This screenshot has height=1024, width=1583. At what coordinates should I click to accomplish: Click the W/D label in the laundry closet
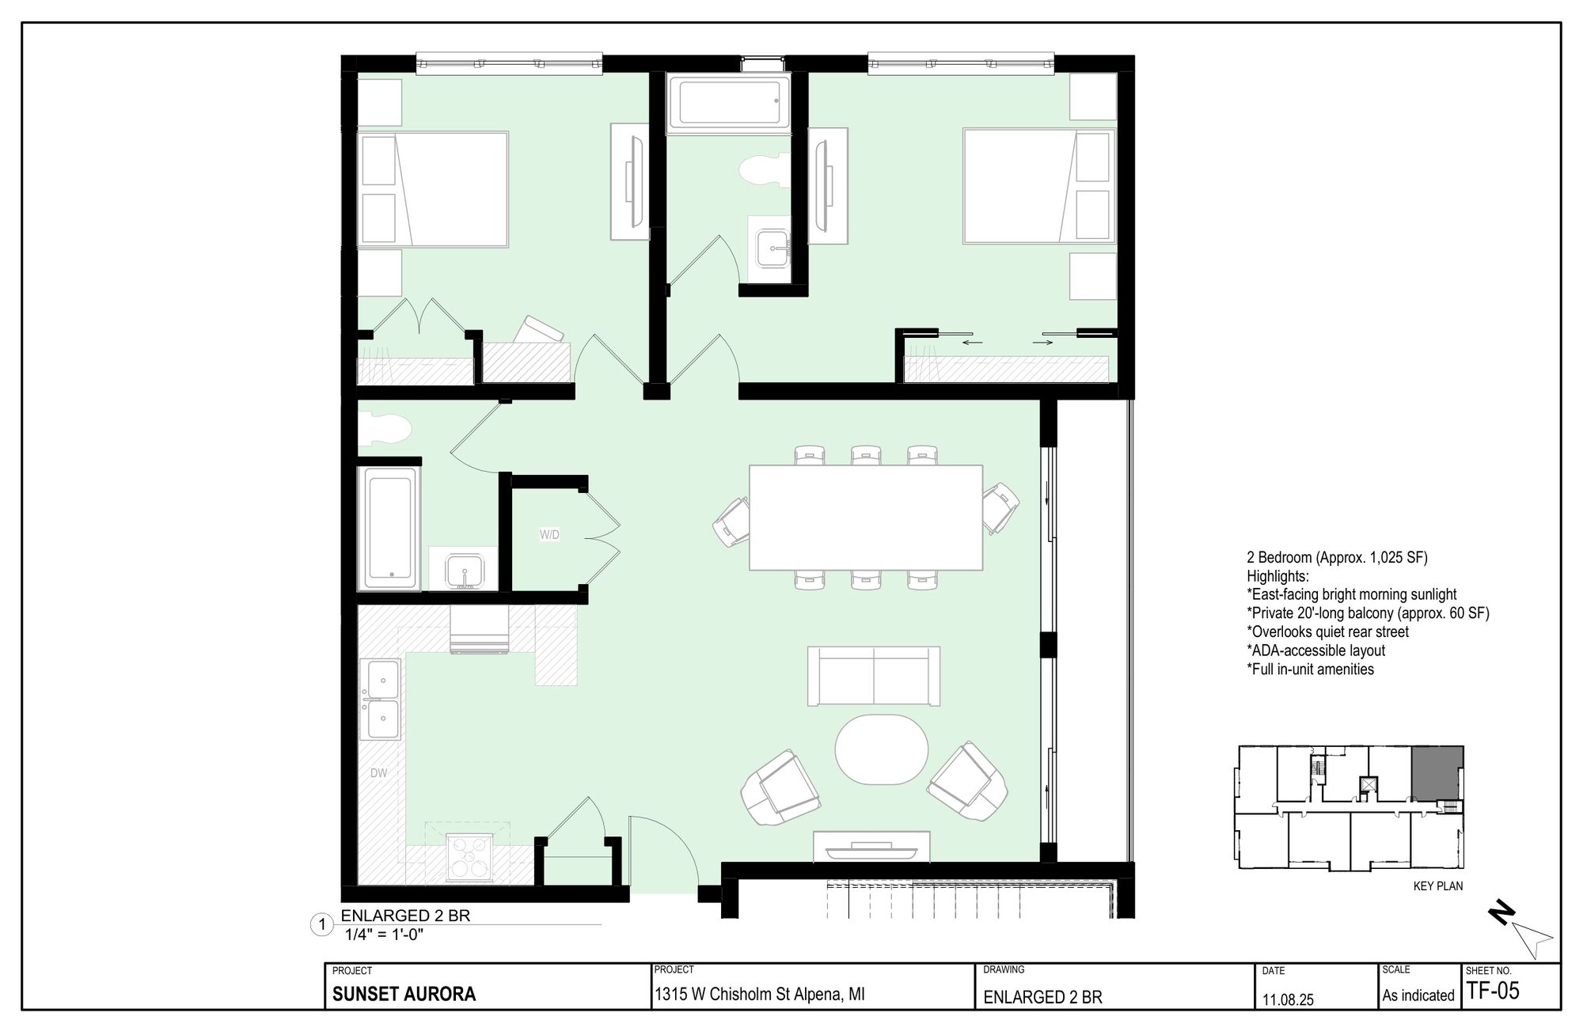click(x=549, y=535)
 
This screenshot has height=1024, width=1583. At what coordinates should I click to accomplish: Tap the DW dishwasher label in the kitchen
click(x=379, y=772)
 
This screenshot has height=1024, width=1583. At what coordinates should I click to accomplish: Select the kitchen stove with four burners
click(x=469, y=858)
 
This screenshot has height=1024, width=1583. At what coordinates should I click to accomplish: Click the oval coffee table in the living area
click(x=882, y=749)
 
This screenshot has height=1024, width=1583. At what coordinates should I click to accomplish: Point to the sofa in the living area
click(x=874, y=676)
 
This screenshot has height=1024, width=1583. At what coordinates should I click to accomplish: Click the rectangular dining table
click(x=866, y=517)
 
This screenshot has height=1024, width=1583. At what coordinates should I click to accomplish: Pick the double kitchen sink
click(x=381, y=699)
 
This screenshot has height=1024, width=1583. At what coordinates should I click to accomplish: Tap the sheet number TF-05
click(x=1493, y=991)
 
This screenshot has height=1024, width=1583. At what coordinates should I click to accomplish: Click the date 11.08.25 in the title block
click(x=1287, y=999)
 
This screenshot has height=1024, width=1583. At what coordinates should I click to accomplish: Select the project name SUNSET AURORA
click(x=404, y=995)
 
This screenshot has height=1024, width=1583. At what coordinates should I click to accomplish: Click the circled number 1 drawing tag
click(x=321, y=925)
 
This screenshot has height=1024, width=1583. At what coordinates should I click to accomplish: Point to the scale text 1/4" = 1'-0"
click(x=385, y=934)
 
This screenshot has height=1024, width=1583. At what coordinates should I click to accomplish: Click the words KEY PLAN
click(x=1438, y=886)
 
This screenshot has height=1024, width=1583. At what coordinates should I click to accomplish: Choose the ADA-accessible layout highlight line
click(x=1315, y=650)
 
